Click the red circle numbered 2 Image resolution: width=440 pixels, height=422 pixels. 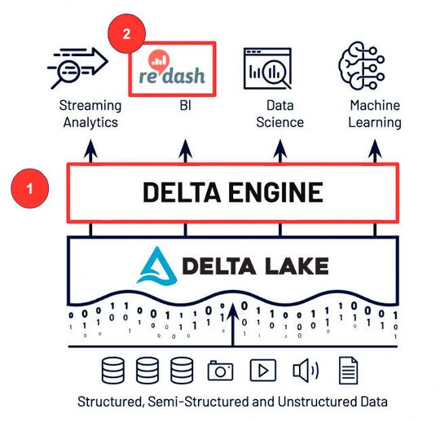(125, 35)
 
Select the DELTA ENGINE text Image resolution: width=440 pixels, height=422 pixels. (232, 193)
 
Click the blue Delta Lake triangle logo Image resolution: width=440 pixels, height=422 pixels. (153, 266)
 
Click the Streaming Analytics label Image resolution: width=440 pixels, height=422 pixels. (90, 114)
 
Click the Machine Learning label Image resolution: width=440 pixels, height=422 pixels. (375, 114)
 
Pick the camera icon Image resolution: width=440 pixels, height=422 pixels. (220, 371)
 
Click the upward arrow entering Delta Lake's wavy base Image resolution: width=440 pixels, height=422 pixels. (235, 322)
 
